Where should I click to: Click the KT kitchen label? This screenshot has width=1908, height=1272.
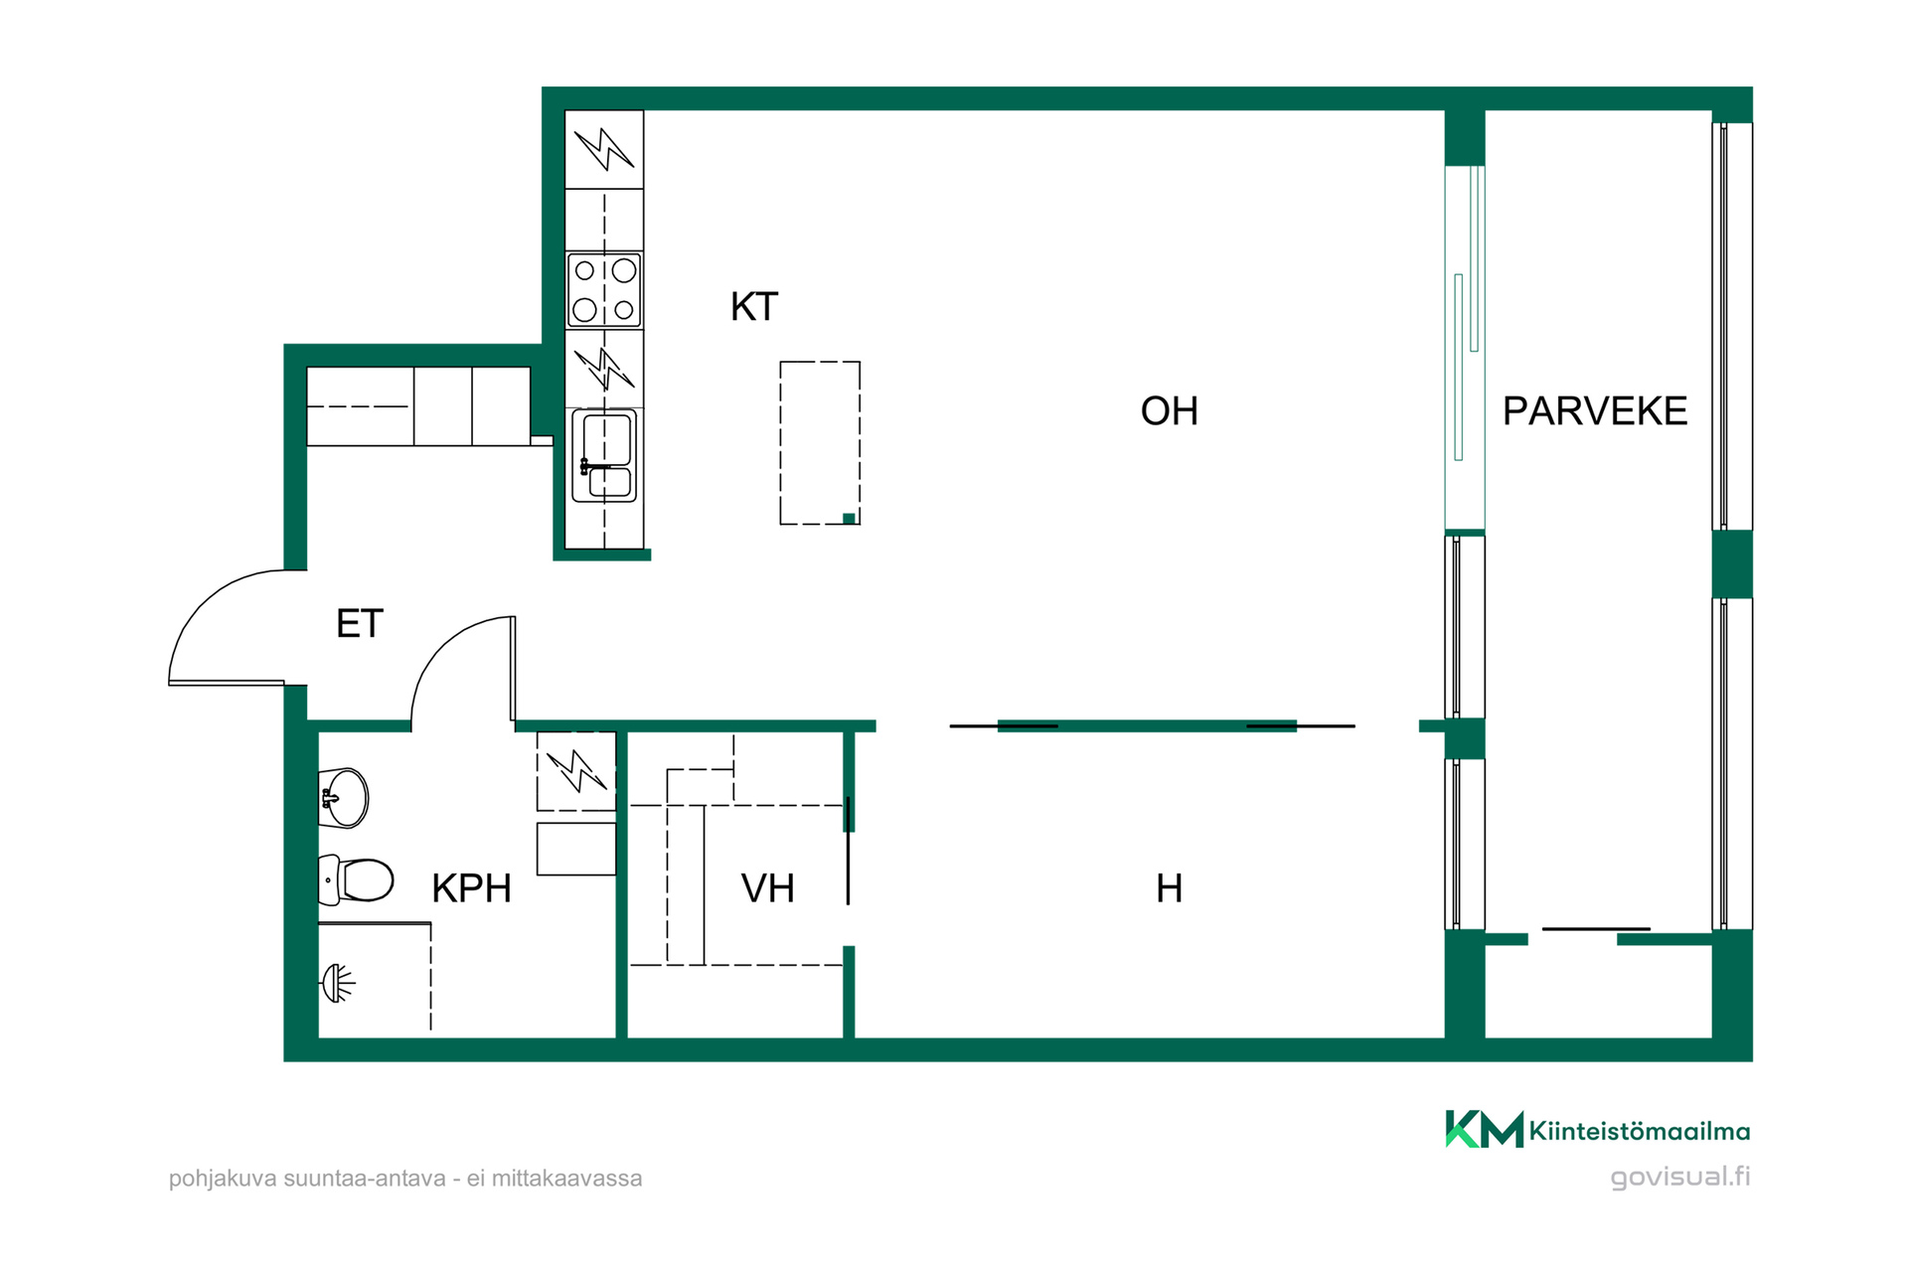(754, 307)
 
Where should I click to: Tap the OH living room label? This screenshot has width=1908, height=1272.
(1169, 411)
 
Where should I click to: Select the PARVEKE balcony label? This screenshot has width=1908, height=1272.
(1595, 411)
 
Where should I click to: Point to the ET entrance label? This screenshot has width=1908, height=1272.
(360, 624)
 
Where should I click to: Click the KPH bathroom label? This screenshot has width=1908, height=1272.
(471, 888)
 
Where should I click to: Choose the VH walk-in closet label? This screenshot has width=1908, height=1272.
(768, 888)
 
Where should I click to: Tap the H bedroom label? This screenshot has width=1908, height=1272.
(1170, 888)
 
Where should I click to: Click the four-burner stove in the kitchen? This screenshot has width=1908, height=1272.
(604, 290)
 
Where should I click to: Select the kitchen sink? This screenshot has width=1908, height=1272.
(604, 456)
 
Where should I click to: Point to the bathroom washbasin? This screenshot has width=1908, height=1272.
(343, 797)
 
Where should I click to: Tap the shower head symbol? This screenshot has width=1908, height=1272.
(337, 983)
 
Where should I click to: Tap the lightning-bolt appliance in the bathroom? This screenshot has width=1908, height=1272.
(576, 771)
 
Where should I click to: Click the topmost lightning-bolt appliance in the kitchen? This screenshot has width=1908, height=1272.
(604, 149)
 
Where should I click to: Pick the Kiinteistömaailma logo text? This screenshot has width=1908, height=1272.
(1640, 1131)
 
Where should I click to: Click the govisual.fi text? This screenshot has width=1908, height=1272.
(1680, 1178)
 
